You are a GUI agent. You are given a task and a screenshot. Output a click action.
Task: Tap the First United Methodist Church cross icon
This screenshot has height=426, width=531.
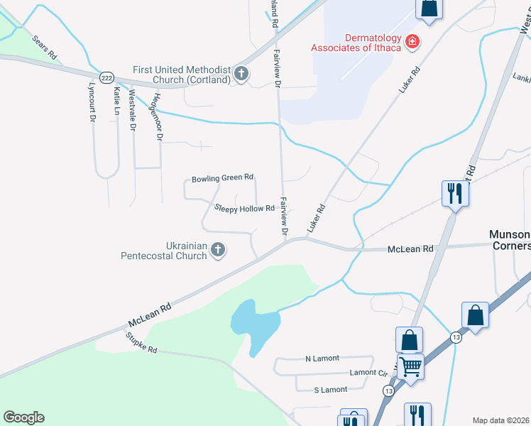tap(241, 73)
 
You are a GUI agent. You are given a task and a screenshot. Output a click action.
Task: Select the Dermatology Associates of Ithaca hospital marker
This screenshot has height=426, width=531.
tap(411, 43)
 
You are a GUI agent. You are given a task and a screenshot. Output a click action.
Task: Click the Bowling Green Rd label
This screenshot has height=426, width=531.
tap(222, 177)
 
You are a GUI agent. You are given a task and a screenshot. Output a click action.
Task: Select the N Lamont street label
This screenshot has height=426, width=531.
tap(322, 358)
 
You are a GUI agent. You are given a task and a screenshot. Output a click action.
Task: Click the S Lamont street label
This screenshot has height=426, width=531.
tap(330, 390)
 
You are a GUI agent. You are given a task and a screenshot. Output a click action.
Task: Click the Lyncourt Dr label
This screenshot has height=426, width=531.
tap(92, 103)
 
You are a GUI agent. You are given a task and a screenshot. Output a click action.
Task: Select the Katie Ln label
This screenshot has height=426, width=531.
tap(116, 101)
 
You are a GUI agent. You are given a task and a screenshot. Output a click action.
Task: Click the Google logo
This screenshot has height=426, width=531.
tap(23, 417)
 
